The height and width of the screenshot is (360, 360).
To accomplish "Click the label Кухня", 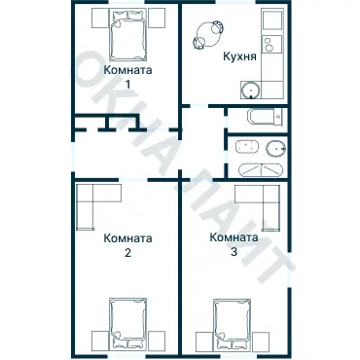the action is [239, 56].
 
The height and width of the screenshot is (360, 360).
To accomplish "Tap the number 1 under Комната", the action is [127, 85].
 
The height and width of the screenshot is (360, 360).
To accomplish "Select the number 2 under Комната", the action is [127, 253].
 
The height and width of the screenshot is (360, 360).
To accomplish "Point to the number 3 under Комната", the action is [234, 252].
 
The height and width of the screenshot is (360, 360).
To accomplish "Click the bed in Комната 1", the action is [127, 35].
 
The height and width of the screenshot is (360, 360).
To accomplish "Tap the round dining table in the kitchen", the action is [208, 35].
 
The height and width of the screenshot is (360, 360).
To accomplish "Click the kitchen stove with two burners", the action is [271, 45].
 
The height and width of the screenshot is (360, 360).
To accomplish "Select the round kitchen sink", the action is [251, 90].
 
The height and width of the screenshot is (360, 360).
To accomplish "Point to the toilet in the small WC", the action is [266, 117].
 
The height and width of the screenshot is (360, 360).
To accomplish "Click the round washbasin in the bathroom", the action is [276, 149].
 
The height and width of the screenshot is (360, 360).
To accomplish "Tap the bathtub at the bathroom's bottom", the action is [261, 169].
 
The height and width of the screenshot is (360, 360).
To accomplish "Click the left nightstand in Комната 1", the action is [99, 18].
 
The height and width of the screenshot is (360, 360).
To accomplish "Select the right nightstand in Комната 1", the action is [157, 18].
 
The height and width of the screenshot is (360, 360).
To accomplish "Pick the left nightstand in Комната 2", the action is [100, 340].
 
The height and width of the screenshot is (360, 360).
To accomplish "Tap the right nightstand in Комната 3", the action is [261, 341].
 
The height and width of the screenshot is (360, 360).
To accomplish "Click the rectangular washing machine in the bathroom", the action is [247, 147].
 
